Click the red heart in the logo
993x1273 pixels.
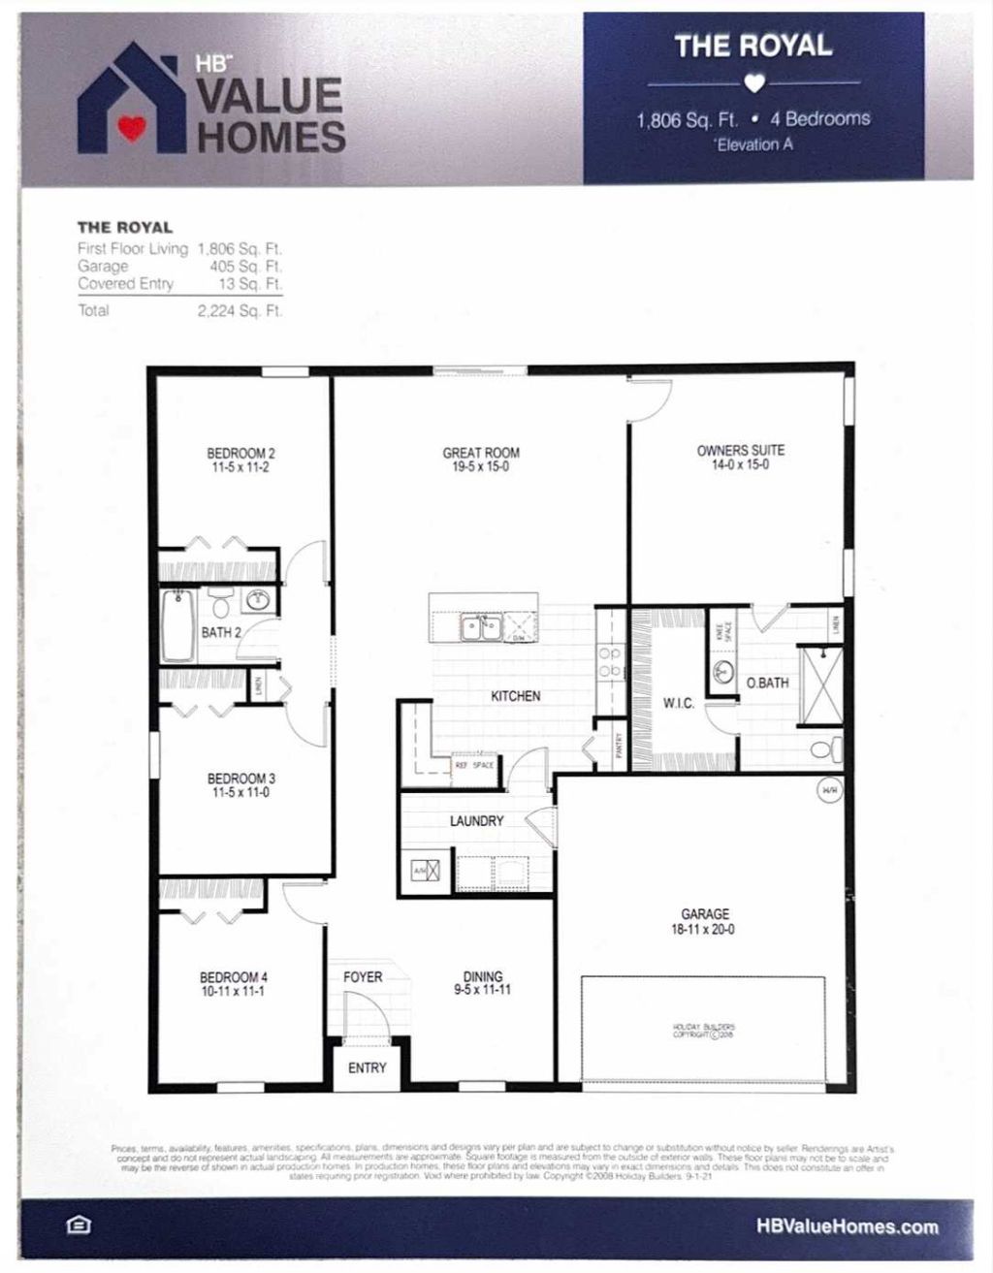133,128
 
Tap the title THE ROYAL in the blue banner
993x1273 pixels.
753,46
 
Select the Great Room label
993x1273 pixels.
481,453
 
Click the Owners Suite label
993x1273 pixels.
741,450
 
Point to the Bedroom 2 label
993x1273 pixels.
240,453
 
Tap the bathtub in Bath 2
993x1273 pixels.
180,625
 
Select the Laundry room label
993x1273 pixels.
476,821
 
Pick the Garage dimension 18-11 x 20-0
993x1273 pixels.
705,929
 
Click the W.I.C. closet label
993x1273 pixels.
679,703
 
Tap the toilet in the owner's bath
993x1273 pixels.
827,749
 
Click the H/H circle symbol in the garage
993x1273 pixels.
830,790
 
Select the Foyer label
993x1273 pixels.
363,977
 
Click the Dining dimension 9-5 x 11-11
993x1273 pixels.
483,990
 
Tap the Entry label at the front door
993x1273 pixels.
367,1067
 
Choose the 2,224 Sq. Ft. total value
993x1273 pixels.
240,311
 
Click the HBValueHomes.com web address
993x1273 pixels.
848,1226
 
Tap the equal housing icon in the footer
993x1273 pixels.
79,1225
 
